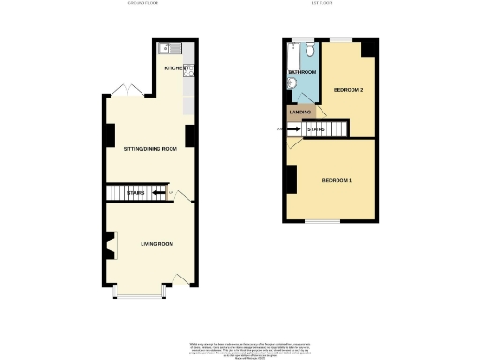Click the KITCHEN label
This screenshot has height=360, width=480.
coord(174,68)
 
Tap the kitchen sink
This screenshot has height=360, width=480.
coord(166,48)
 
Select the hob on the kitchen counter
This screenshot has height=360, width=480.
coord(189,68)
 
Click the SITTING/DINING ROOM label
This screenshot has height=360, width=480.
coord(150,149)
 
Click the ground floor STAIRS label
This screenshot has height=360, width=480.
coord(137,195)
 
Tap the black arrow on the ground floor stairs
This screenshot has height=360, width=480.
coord(157,195)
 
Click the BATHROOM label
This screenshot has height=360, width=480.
coord(302,72)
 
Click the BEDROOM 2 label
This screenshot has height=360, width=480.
coord(348,90)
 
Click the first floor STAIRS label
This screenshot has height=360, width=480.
coord(315,129)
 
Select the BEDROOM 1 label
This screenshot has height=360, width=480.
coord(337,179)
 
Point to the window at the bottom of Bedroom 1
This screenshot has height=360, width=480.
coord(322,222)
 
